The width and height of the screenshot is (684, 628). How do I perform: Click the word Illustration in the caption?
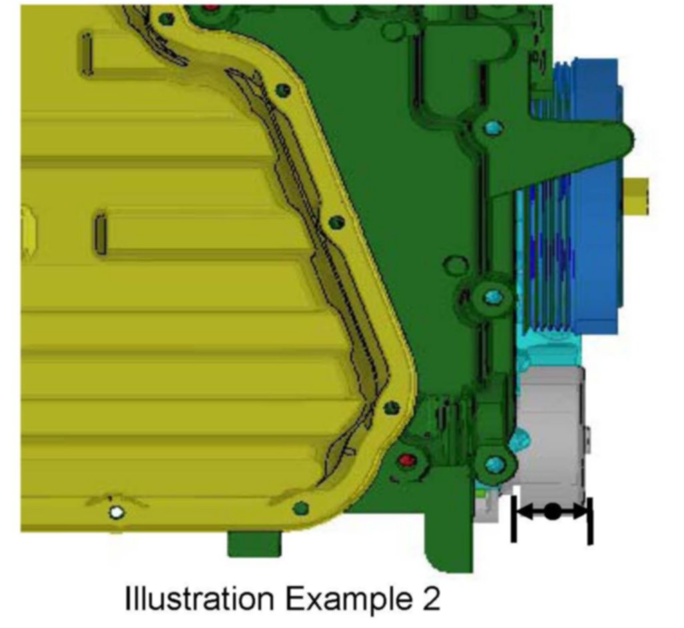coord(200,598)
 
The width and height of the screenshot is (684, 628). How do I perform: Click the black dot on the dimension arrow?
coord(552,511)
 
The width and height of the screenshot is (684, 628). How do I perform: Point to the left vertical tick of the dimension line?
coord(514,519)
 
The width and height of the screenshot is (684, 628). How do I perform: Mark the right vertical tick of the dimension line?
coord(590,521)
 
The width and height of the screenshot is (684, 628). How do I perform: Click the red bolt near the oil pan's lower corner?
coord(407,460)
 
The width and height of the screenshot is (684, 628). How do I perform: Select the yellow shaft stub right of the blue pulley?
coord(636,196)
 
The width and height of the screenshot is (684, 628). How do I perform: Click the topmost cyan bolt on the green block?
coord(493,129)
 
